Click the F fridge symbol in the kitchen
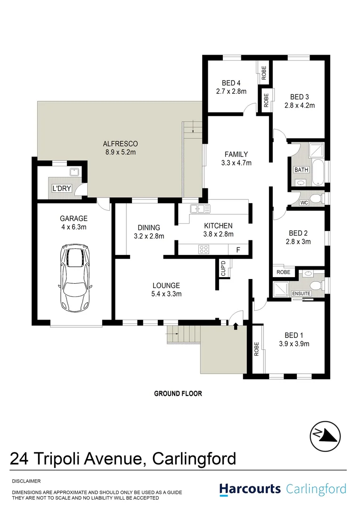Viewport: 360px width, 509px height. coord(238,249)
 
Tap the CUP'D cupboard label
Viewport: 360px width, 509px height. coord(223,269)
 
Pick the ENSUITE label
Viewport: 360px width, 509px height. coord(301,294)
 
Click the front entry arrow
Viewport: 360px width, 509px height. coord(235,325)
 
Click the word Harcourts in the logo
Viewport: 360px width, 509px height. coord(250,489)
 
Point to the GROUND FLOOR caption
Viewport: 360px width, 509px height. coord(178,394)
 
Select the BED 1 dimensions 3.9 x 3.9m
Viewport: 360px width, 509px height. coord(294,344)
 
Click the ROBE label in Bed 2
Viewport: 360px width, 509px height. coord(284,272)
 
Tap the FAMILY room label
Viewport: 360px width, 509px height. coord(236,154)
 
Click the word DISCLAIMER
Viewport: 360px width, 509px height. coord(26,481)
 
